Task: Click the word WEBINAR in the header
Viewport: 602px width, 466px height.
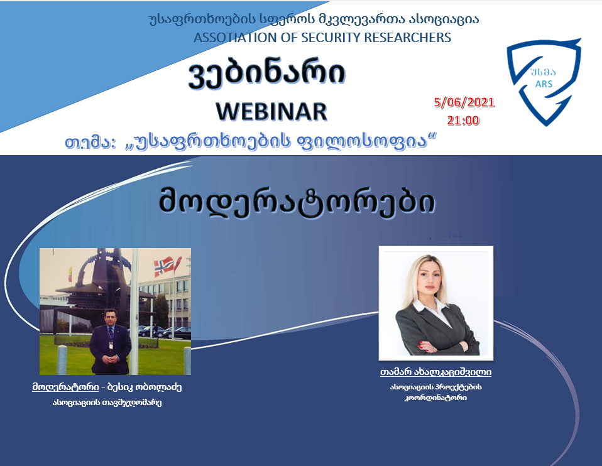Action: click(x=271, y=112)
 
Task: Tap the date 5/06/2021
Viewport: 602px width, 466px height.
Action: click(x=464, y=102)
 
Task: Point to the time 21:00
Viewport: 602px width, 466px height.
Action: click(x=463, y=120)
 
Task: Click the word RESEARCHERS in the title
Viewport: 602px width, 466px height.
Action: click(x=408, y=37)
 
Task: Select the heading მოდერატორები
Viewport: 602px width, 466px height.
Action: click(x=297, y=201)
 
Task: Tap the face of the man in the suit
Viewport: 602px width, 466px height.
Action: click(x=111, y=317)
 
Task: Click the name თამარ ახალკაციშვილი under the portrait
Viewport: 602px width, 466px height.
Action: click(x=435, y=372)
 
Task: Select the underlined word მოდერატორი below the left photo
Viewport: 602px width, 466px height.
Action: click(x=65, y=386)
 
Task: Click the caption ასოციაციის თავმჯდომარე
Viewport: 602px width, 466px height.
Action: click(x=107, y=403)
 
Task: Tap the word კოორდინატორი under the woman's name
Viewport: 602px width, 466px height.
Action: click(x=435, y=398)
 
